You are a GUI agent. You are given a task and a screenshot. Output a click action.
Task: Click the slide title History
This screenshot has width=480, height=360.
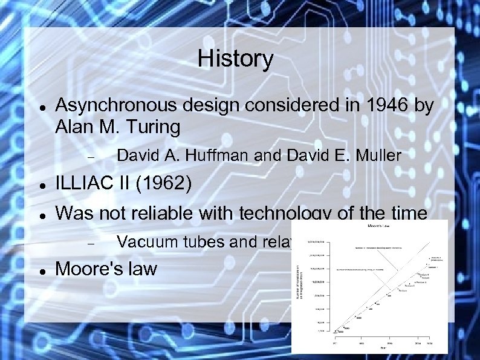[235, 59]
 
